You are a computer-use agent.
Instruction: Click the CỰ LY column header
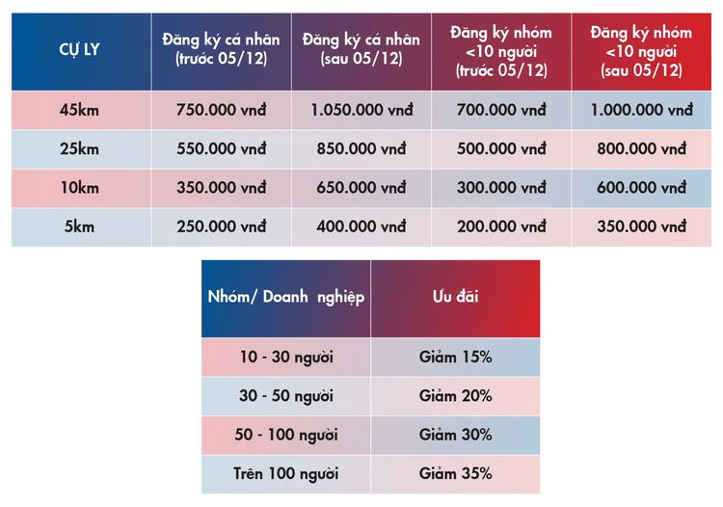(80, 52)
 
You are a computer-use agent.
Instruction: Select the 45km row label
(80, 110)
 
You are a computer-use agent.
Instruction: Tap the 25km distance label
(80, 149)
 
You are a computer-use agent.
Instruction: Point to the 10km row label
(80, 188)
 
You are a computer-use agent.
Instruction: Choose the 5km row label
(80, 227)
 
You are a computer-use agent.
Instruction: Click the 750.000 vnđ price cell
(221, 110)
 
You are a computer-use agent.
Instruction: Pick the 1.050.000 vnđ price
(361, 110)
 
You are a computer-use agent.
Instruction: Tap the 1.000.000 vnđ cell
(641, 110)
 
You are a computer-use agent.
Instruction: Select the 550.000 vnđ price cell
(221, 149)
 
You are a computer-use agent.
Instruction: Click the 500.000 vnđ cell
(501, 149)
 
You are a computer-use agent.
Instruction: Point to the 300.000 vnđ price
(501, 188)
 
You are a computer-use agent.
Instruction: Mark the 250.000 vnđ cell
(221, 227)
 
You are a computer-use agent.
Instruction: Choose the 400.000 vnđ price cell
(361, 227)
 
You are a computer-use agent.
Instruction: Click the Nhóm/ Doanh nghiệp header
(285, 298)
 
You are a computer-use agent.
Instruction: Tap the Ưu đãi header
(455, 298)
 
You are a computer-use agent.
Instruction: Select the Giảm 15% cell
(455, 357)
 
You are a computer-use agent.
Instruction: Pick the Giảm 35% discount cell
(455, 473)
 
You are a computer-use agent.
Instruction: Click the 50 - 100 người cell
(286, 435)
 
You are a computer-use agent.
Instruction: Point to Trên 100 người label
(286, 473)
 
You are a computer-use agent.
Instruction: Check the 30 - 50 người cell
(286, 395)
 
